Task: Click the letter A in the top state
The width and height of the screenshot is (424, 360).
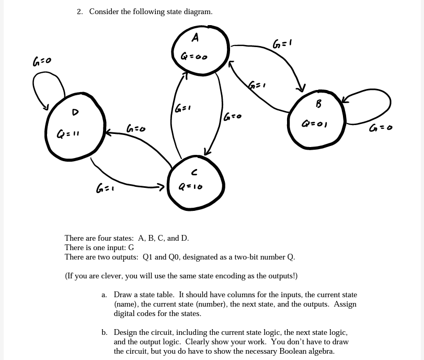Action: [x=195, y=37]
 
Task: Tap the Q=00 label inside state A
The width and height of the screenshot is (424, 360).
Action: [x=194, y=56]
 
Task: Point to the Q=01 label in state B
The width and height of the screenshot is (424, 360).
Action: [x=315, y=124]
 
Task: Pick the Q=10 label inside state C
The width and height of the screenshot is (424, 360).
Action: [x=190, y=186]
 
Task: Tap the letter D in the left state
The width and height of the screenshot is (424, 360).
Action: [x=75, y=111]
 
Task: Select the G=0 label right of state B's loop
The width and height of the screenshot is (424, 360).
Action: [x=380, y=128]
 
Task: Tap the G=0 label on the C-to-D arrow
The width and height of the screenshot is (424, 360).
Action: [x=136, y=128]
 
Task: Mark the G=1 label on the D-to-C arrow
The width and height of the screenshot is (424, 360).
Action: [x=105, y=188]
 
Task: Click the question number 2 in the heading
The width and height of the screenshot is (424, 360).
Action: [x=79, y=12]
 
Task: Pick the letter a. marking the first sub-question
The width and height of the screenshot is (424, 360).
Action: [x=105, y=295]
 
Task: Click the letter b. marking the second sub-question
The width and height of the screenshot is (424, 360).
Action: [x=105, y=332]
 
